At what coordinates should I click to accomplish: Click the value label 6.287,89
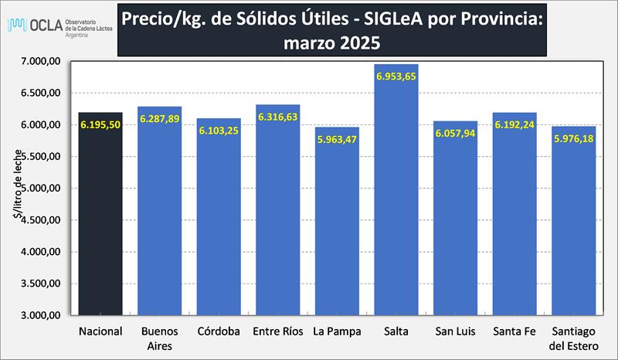pyautogui.click(x=160, y=118)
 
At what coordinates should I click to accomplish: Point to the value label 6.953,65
pyautogui.click(x=396, y=76)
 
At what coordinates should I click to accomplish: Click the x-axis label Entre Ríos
pyautogui.click(x=277, y=332)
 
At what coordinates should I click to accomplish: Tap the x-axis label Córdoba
pyautogui.click(x=219, y=332)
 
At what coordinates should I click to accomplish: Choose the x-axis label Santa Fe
pyautogui.click(x=514, y=332)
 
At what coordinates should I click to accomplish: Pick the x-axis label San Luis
pyautogui.click(x=455, y=332)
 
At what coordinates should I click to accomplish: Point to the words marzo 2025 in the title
pyautogui.click(x=331, y=42)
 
